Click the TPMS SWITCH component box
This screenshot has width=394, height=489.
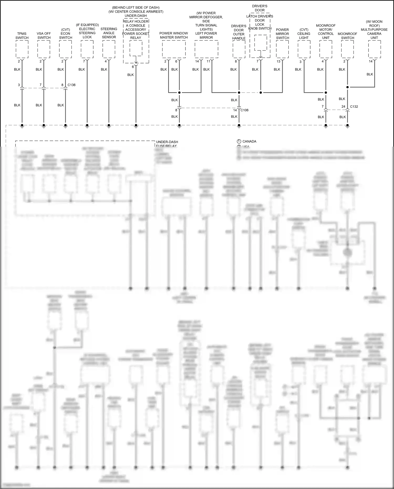22,49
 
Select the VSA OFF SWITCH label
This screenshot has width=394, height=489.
44,35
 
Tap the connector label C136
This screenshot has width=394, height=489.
71,85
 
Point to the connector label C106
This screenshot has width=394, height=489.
244,110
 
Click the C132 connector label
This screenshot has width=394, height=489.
354,107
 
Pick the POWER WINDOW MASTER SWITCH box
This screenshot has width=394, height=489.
174,49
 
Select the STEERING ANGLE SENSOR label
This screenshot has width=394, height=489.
109,33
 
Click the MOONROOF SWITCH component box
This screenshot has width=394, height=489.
348,49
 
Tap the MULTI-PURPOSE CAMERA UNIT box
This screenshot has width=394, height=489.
375,49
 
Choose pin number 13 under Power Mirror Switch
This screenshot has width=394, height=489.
278,61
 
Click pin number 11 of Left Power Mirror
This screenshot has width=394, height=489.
208,61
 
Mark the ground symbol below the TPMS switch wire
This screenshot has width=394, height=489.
22,126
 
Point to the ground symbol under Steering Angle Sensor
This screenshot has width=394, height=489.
109,126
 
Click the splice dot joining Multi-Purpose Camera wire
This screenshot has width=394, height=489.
348,87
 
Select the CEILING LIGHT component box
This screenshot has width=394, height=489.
304,49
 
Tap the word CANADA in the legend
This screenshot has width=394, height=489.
249,141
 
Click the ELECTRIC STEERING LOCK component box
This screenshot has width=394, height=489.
87,49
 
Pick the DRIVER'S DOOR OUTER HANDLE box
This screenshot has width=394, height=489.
239,49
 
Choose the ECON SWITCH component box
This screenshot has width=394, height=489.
65,49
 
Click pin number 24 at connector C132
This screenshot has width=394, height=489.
343,107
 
